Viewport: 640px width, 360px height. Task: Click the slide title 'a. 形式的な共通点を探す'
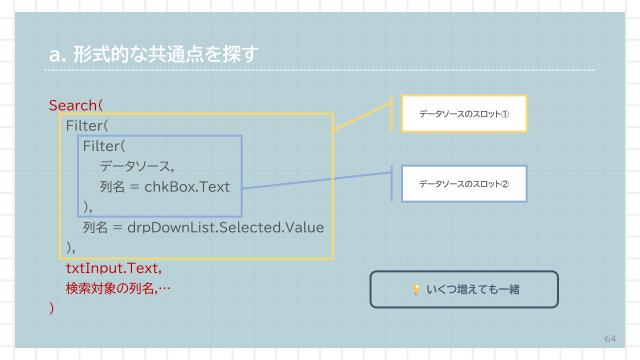pyautogui.click(x=151, y=54)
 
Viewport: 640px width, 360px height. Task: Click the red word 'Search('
pyautogui.click(x=76, y=105)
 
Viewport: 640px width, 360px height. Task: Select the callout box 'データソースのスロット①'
pyautogui.click(x=463, y=114)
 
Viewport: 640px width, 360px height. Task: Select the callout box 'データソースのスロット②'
pyautogui.click(x=463, y=184)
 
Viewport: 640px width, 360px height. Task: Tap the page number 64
pyautogui.click(x=610, y=338)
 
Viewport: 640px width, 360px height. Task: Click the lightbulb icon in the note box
pyautogui.click(x=416, y=290)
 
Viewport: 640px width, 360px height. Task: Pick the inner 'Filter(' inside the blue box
pyautogui.click(x=104, y=146)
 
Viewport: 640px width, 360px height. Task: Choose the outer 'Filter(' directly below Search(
pyautogui.click(x=87, y=126)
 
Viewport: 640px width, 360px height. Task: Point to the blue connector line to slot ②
pyautogui.click(x=320, y=180)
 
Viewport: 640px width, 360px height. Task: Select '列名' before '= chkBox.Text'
pyautogui.click(x=111, y=187)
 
